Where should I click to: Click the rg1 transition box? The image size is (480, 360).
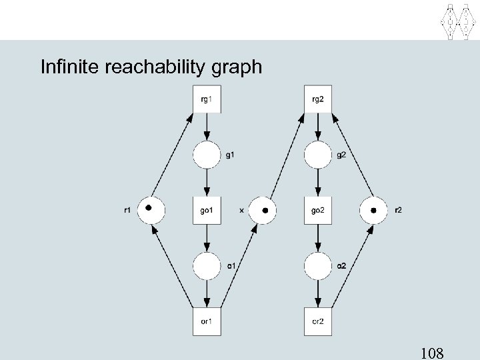click(x=207, y=100)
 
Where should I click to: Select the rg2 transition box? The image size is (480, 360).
click(x=318, y=100)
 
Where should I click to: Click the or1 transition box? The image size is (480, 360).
click(x=207, y=322)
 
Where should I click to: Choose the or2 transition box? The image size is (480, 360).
click(x=318, y=322)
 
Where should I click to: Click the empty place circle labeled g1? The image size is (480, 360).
click(x=207, y=156)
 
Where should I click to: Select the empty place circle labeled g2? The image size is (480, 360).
click(x=318, y=156)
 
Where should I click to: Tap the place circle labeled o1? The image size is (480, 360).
click(x=207, y=266)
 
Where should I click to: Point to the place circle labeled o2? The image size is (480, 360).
click(x=318, y=266)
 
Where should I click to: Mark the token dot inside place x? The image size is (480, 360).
click(x=265, y=211)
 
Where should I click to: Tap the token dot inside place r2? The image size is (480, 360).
click(x=373, y=211)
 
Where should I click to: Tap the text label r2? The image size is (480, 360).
click(x=399, y=211)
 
